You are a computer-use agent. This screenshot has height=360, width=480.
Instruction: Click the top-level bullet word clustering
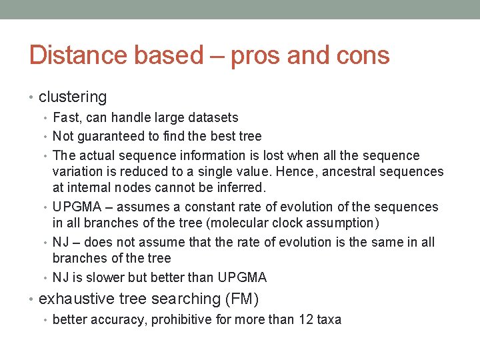click(73, 97)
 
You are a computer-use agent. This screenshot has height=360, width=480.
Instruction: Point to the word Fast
click(65, 118)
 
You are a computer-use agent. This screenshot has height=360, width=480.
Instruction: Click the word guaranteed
click(111, 136)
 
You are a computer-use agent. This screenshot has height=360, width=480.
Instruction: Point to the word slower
click(105, 277)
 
